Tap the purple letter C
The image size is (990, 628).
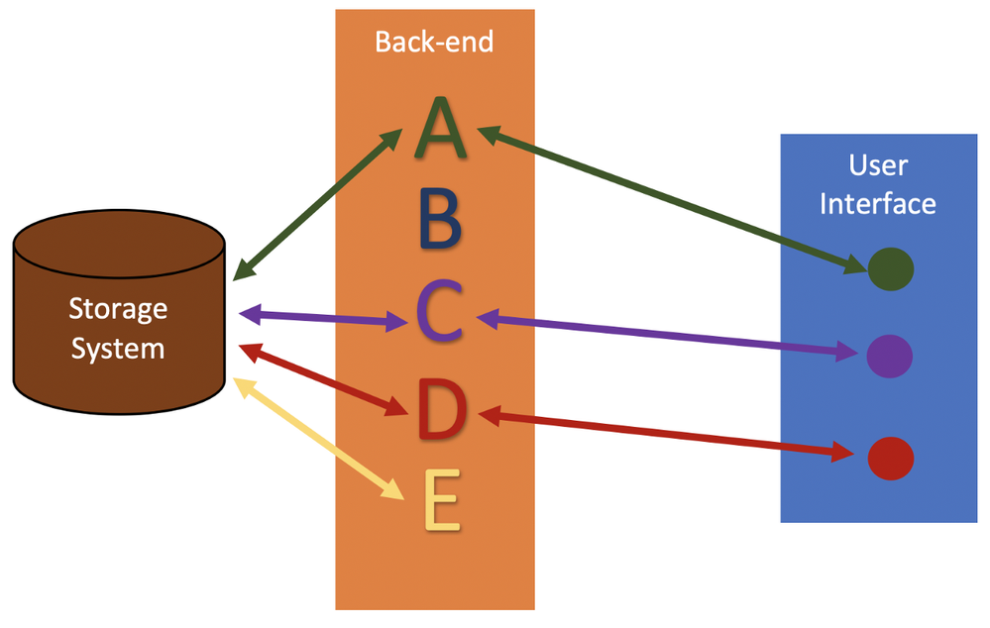coord(440,312)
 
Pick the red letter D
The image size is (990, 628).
coord(440,408)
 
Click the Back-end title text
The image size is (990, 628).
coord(434,42)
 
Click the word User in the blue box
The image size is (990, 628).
coord(878,164)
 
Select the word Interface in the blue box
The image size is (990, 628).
coord(878,203)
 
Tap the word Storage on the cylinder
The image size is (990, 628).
coord(118,309)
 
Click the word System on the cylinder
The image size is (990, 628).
coord(118,349)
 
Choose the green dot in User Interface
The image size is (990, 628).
coord(890,268)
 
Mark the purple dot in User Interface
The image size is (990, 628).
coord(889,355)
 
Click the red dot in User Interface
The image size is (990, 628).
coord(889,458)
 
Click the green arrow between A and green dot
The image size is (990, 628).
coord(669,197)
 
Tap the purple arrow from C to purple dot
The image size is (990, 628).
coord(669,335)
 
